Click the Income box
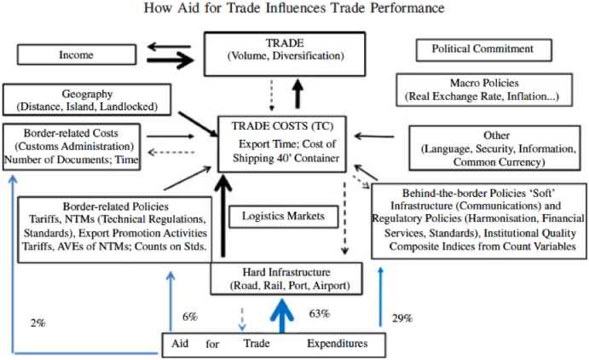coord(75,55)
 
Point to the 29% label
coord(401,317)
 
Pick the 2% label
coord(37,322)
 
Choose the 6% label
coord(190,316)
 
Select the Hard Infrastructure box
coord(283,278)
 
